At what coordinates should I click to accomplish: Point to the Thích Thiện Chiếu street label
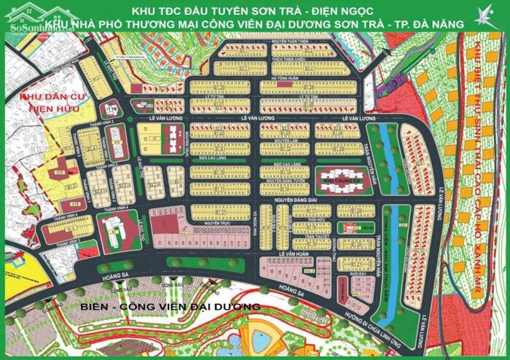tap(271, 61)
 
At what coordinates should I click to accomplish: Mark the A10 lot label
tap(58, 171)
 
